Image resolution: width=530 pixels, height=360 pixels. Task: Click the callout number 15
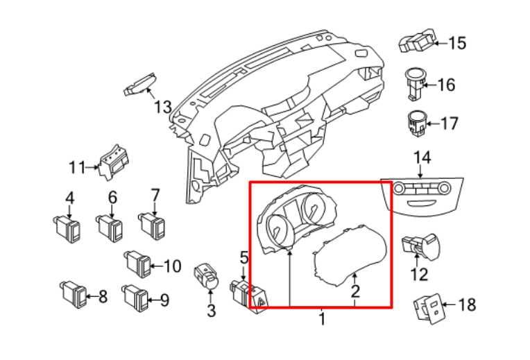point(457,43)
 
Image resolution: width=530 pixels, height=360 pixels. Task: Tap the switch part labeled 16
point(415,84)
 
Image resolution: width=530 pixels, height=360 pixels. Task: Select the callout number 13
point(163,107)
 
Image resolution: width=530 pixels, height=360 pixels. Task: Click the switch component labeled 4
point(67,230)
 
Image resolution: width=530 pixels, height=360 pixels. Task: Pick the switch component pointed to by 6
point(110,229)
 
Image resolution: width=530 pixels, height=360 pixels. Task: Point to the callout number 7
point(155,195)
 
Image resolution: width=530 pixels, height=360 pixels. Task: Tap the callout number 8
point(103,297)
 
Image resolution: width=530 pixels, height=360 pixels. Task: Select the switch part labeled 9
point(135,298)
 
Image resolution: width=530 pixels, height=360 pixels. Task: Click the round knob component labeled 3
point(206,277)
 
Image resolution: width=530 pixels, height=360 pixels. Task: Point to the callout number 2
point(355,291)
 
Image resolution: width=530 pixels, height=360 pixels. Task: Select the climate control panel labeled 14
point(422,197)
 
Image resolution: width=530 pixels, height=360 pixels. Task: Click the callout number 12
point(419,274)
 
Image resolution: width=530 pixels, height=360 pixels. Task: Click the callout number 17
point(450,123)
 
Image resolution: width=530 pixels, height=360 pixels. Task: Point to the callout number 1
point(322,319)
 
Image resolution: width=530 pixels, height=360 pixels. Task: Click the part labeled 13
point(139,84)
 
